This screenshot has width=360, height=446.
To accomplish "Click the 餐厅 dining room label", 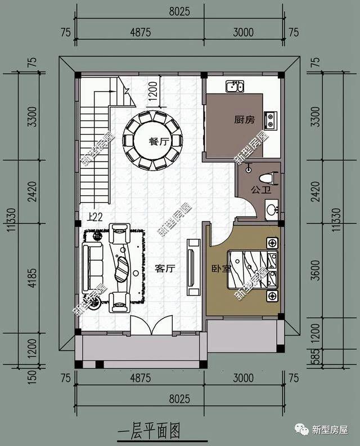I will [x=159, y=142].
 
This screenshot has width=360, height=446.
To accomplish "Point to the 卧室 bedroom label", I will [x=222, y=269].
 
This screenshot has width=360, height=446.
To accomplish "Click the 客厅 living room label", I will [x=165, y=269].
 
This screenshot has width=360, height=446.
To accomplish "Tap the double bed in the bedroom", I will [x=256, y=269].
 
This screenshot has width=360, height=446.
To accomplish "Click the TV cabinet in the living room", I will [x=193, y=268].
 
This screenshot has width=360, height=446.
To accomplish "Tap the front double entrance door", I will [x=150, y=325].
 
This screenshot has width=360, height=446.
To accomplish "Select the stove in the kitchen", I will [x=271, y=119].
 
